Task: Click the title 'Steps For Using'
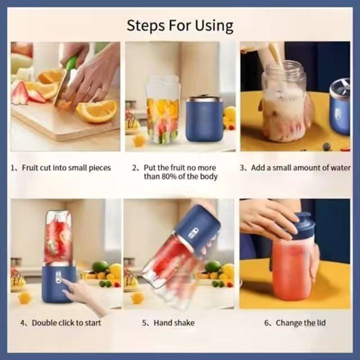coord(179,25)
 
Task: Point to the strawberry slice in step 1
coord(20,94)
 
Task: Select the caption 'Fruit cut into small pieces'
coord(61,168)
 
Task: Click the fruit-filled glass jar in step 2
coord(162,110)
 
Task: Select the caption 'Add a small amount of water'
coord(295,168)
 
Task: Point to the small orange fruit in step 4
coord(24,298)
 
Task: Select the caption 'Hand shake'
coord(168,323)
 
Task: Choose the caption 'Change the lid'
coord(295,323)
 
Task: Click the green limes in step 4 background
coord(100,267)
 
